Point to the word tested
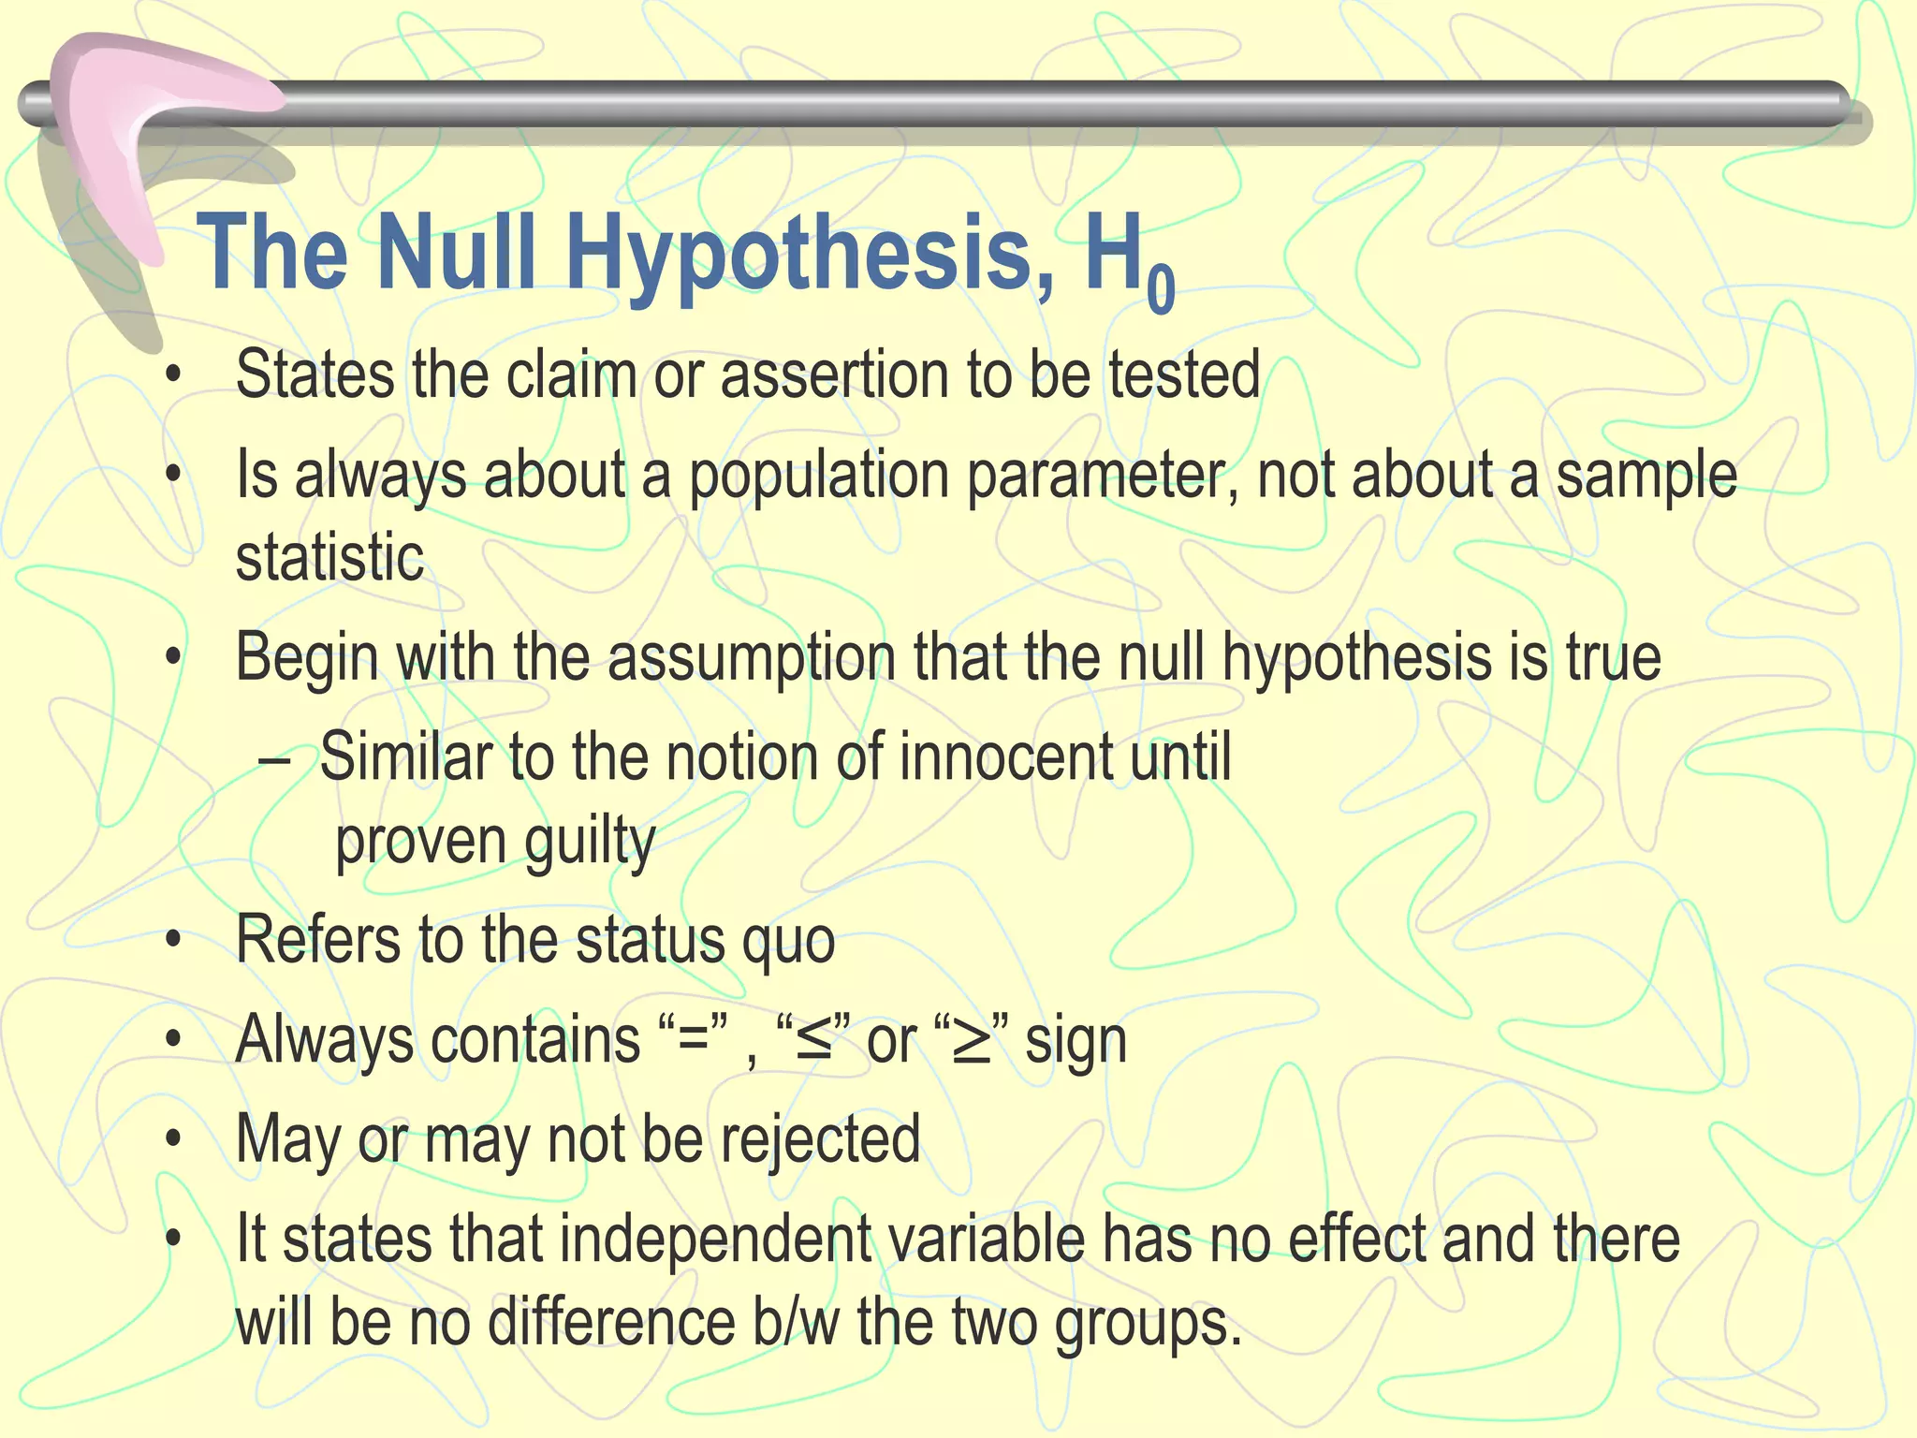click(x=1184, y=374)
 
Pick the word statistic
click(x=329, y=558)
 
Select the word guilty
click(x=589, y=843)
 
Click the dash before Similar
click(x=273, y=760)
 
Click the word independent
click(x=715, y=1240)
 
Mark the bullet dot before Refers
click(x=172, y=940)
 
